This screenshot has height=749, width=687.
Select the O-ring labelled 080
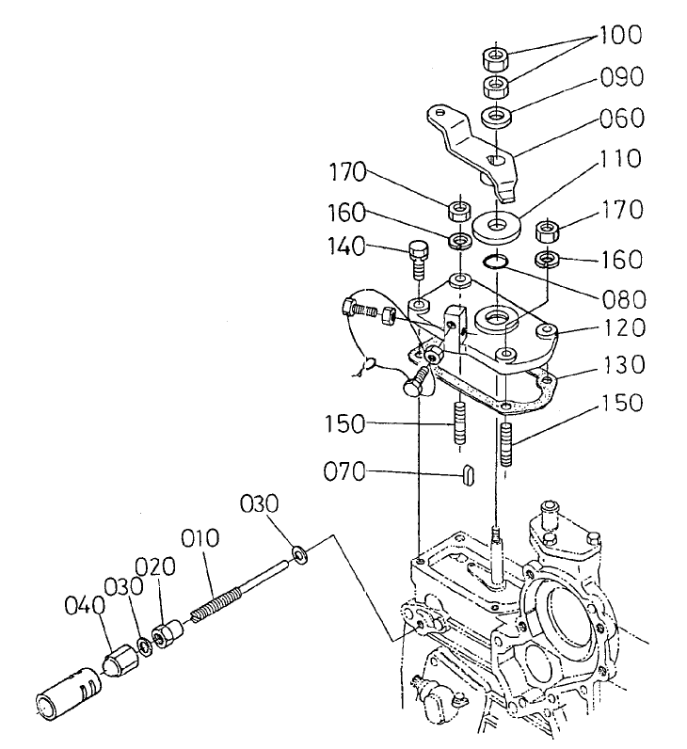(x=496, y=263)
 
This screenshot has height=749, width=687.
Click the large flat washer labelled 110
(x=496, y=227)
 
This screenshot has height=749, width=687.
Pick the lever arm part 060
(x=471, y=146)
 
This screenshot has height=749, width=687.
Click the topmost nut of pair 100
(x=496, y=58)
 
